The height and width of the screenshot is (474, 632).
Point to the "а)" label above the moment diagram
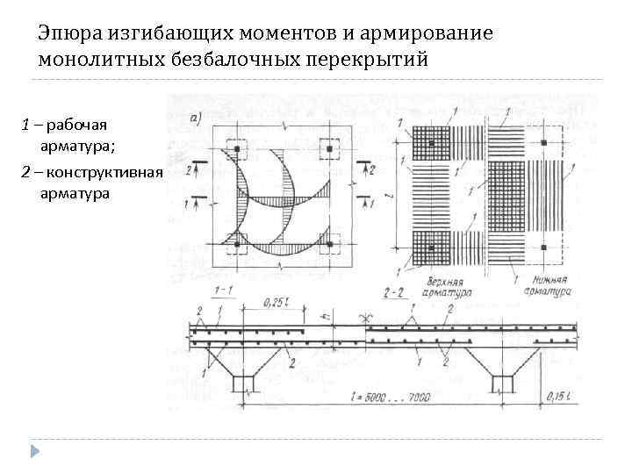coord(198,117)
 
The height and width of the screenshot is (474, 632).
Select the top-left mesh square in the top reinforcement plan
coord(431,143)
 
